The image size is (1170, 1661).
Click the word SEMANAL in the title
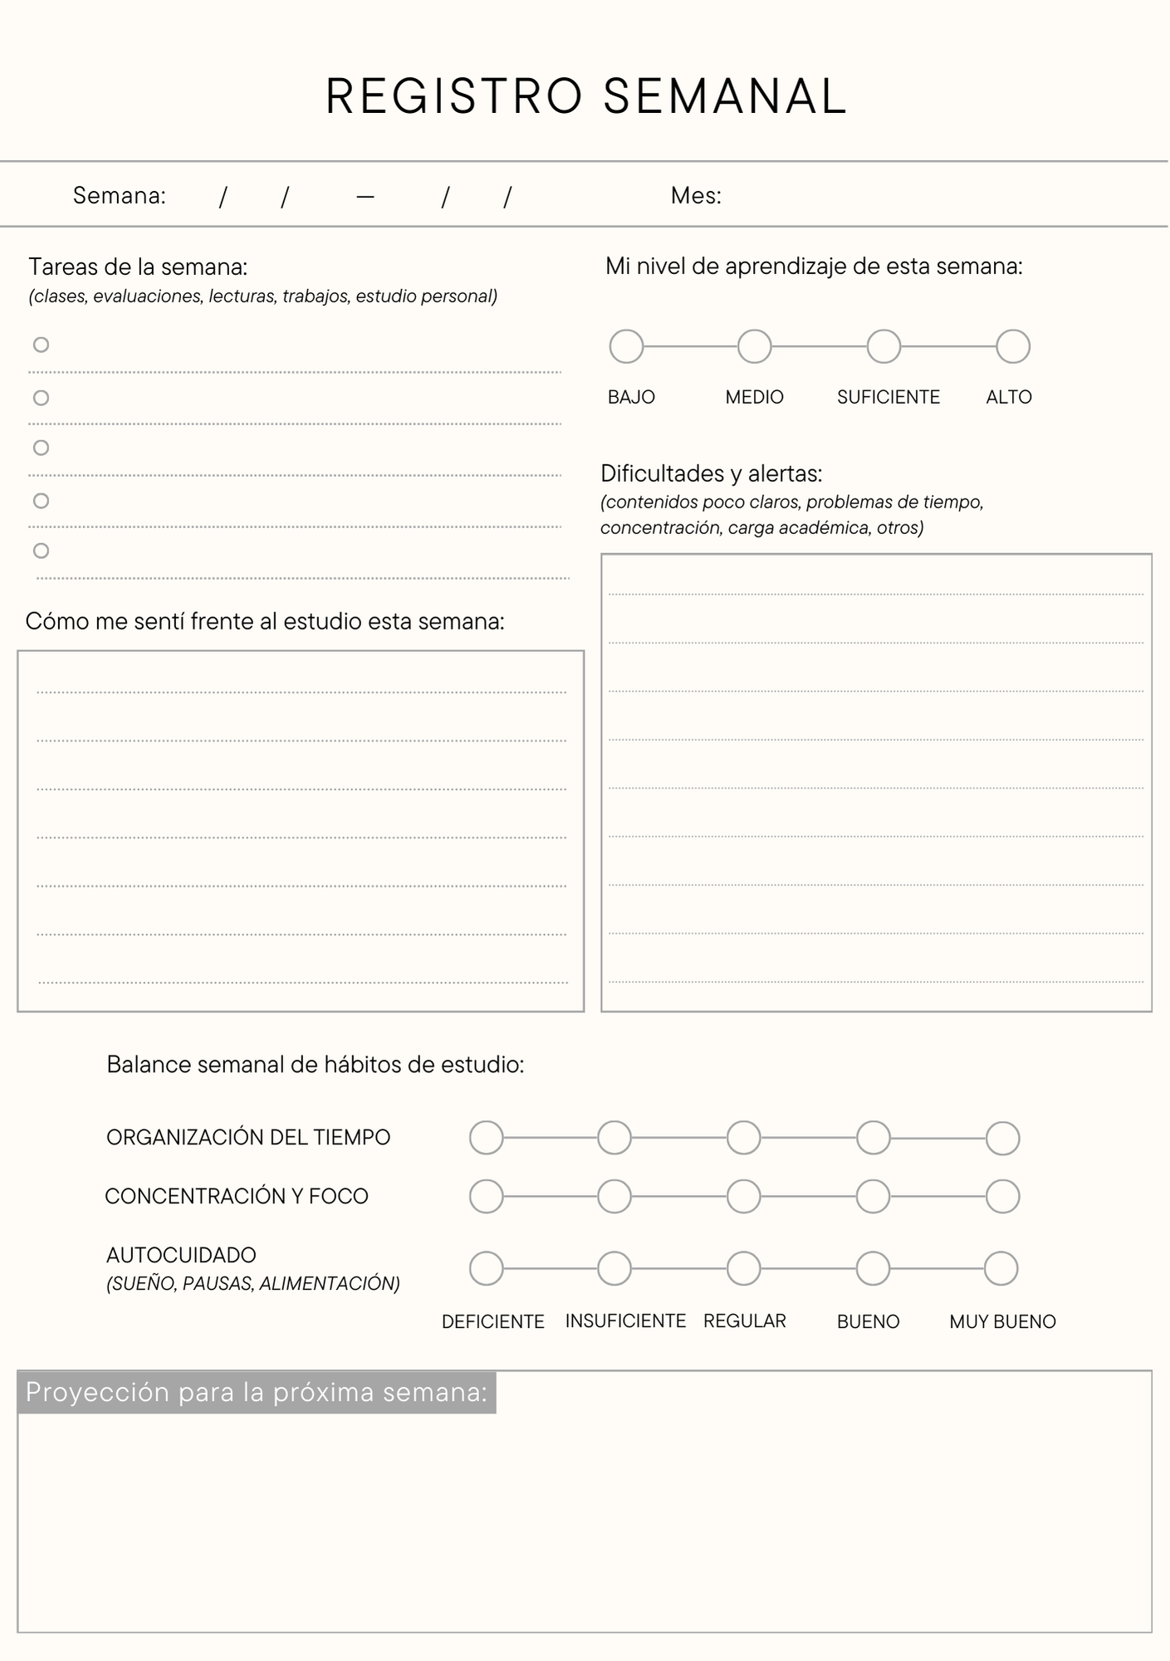724,96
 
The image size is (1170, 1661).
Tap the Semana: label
120,196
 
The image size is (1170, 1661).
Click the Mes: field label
696,196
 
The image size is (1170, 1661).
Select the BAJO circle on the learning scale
627,346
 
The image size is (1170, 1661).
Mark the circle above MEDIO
755,346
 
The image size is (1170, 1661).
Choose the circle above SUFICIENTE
884,346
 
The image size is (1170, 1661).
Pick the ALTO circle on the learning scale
1013,346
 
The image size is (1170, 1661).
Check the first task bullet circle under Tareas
41,345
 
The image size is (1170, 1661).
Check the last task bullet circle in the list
41,551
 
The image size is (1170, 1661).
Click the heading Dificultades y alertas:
712,474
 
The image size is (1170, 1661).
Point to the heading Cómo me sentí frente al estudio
265,621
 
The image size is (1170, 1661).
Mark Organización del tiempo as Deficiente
487,1138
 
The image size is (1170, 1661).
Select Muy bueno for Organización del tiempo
1002,1138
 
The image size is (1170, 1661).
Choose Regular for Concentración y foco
744,1197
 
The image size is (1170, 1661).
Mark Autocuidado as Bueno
873,1268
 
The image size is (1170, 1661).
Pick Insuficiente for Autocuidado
614,1268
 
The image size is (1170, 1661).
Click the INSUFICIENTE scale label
625,1321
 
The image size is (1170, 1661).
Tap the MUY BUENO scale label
1002,1321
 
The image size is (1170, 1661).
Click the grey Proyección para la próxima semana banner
257,1392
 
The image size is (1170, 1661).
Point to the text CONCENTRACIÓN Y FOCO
237,1197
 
